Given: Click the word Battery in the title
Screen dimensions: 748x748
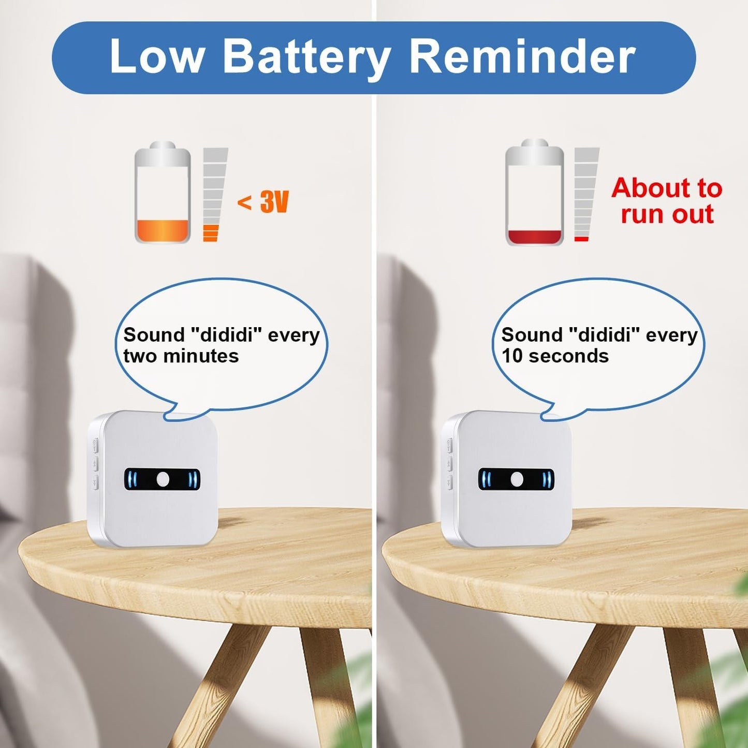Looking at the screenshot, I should (306, 57).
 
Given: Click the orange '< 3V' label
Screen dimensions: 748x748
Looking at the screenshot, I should (263, 201).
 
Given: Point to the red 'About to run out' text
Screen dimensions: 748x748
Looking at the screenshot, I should (667, 201).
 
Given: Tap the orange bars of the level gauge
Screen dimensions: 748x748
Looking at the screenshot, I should (211, 233).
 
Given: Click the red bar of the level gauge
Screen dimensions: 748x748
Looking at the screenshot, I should (581, 239).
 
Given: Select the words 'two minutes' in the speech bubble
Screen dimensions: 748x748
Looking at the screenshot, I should (181, 356).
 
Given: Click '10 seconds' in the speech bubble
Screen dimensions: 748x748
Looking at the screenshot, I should (555, 356).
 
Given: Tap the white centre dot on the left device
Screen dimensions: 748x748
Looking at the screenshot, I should (163, 479).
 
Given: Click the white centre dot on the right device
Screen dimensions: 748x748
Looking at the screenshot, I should (517, 479).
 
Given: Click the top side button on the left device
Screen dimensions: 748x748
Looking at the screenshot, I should (95, 444).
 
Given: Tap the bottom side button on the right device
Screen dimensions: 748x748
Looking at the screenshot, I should (449, 482).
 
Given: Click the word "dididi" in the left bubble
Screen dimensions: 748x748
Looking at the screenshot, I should (226, 335).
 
